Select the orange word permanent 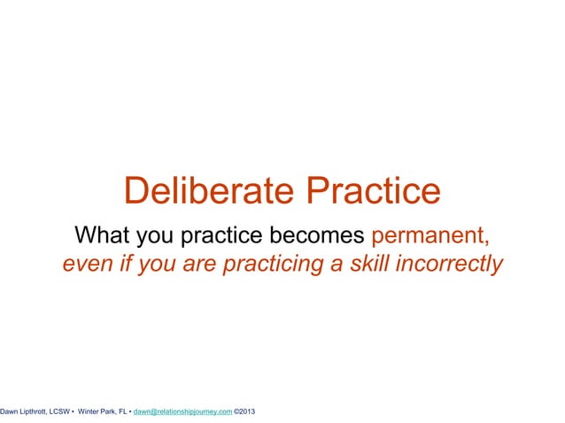pos(430,237)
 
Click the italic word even pos(85,265)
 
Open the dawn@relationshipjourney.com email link pos(182,411)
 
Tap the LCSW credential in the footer pos(58,411)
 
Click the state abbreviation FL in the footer pos(122,411)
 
